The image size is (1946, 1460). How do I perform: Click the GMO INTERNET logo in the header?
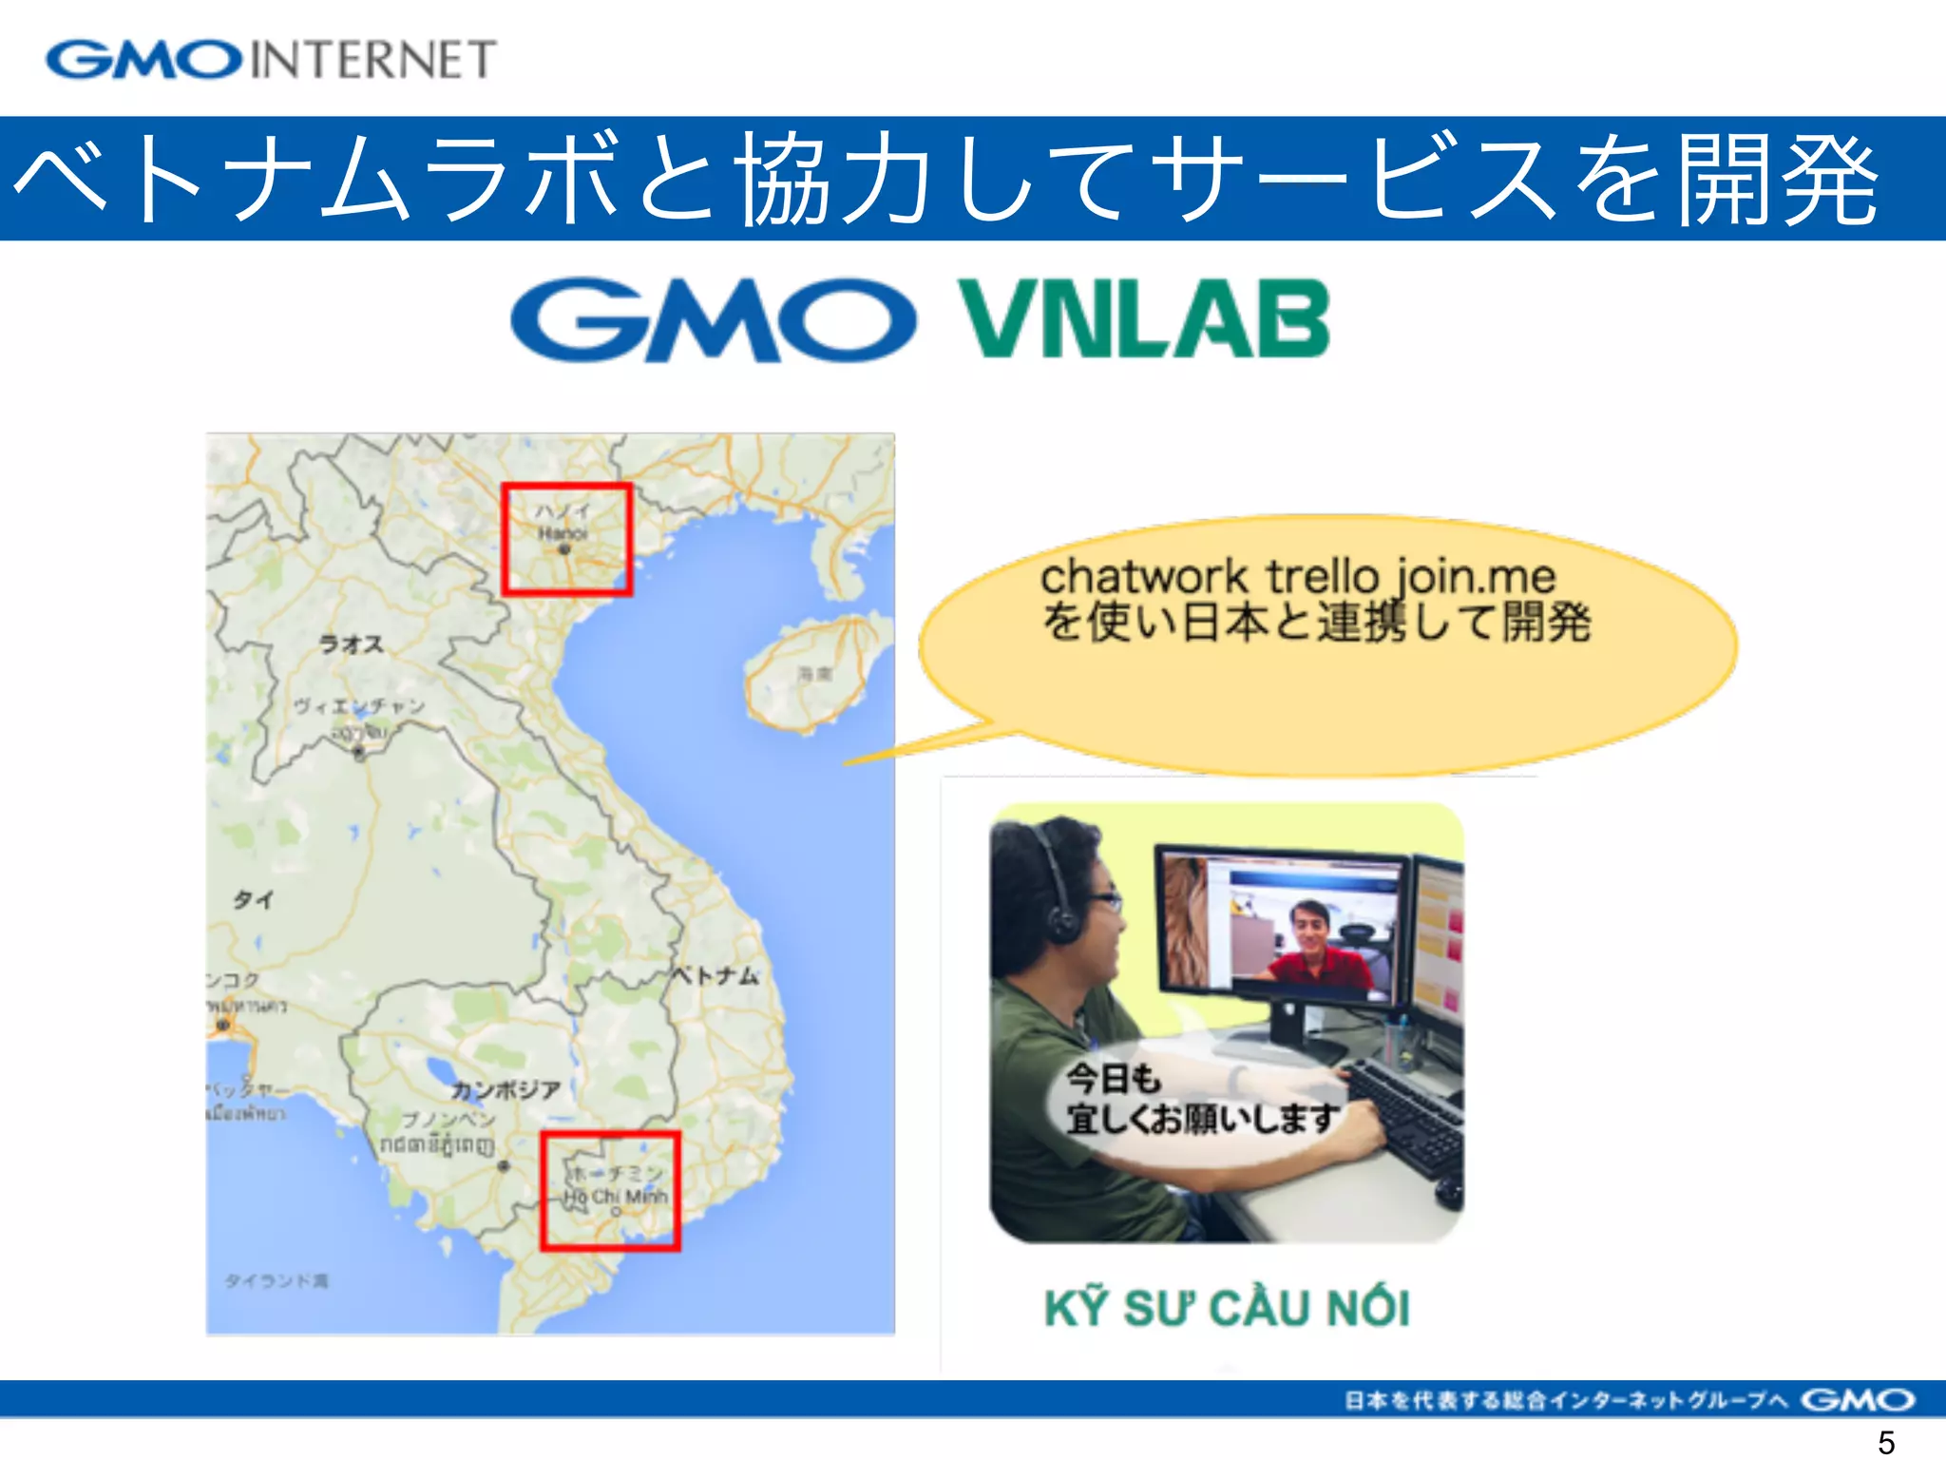(271, 59)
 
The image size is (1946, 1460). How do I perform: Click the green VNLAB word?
(1143, 319)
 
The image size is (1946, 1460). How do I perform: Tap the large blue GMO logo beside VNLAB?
(713, 319)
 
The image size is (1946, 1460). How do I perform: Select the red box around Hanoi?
(566, 540)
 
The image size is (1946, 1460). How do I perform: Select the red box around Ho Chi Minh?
(610, 1190)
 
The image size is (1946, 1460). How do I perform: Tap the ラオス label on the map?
(352, 644)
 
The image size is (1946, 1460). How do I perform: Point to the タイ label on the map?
(254, 899)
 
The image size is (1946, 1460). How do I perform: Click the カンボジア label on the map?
(505, 1089)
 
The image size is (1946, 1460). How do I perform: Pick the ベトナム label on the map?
(716, 975)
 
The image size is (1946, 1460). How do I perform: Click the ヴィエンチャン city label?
(358, 706)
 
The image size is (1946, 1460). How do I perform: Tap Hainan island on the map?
(808, 673)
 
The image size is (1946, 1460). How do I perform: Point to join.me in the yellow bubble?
(1475, 576)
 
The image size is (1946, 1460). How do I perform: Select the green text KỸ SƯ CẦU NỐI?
(1226, 1308)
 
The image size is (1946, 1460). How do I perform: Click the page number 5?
(1886, 1442)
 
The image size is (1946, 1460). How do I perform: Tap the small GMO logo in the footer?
(1857, 1399)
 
